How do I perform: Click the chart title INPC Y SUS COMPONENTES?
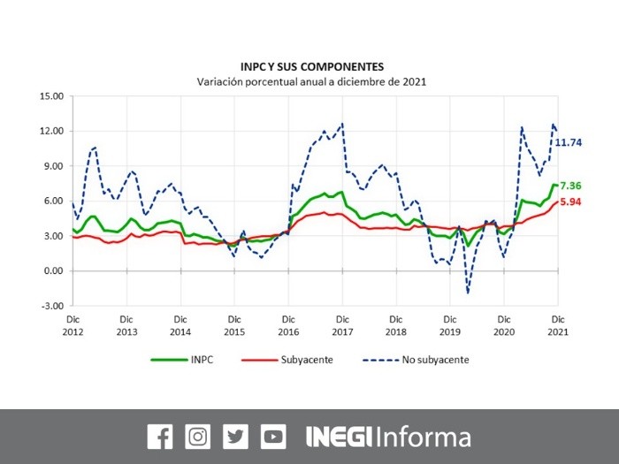coord(312,66)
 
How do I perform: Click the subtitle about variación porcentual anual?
coord(312,81)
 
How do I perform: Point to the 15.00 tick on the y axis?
coord(51,96)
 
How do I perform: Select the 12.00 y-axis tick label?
coord(51,131)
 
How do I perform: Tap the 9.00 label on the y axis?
coord(54,166)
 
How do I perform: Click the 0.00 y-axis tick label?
coord(54,270)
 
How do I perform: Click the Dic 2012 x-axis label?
coord(73,325)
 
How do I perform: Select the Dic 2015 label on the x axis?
coord(234,325)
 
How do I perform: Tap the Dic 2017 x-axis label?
coord(341,325)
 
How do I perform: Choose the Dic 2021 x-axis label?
coord(556,325)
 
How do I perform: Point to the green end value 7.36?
coord(570,186)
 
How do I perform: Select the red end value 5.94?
coord(570,202)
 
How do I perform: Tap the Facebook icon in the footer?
coord(160,436)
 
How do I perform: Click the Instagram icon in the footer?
coord(198,436)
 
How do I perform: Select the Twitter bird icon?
coord(236,436)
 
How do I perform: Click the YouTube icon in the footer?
coord(273,436)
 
